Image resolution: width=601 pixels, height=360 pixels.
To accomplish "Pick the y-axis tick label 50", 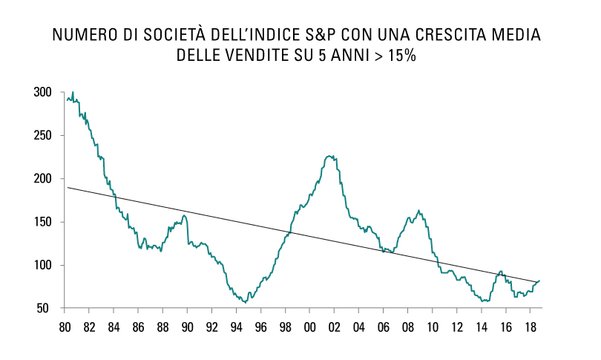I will click(x=45, y=308).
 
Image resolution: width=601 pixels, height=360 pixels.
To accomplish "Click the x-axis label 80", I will click(x=65, y=327).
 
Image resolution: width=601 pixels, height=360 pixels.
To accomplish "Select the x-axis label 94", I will click(x=236, y=327).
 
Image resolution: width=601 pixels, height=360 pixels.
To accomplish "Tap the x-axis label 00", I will click(x=309, y=327).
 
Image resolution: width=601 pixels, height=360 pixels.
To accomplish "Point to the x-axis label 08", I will click(x=407, y=327).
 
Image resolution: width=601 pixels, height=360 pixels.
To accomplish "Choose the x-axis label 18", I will click(x=530, y=327).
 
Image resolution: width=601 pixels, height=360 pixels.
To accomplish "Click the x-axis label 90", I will click(x=187, y=327).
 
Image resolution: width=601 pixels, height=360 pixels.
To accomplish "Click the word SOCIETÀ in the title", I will click(x=192, y=35).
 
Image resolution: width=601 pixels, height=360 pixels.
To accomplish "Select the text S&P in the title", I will click(x=338, y=35).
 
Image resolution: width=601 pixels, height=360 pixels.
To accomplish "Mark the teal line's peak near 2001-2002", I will click(x=329, y=156).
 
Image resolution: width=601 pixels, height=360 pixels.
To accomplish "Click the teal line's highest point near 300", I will click(x=73, y=92).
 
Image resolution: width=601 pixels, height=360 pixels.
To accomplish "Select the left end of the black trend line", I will click(x=68, y=187).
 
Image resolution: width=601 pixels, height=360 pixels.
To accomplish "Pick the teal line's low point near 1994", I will click(x=245, y=302).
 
